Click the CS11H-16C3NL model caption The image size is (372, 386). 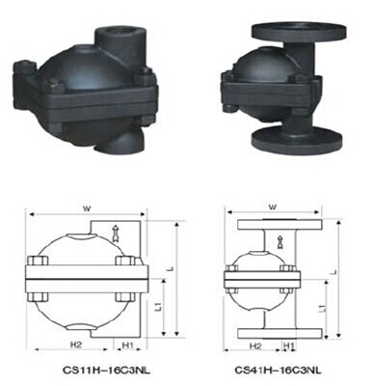[106, 371]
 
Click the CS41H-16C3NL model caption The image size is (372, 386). [279, 371]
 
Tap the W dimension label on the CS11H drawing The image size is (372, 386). [87, 208]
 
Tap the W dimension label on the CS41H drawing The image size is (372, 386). [273, 207]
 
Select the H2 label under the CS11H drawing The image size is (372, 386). [76, 345]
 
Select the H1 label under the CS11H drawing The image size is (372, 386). [128, 345]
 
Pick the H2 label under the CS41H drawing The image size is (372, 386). [255, 346]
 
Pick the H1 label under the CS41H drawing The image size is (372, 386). [288, 346]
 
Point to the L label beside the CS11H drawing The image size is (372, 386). [172, 267]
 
